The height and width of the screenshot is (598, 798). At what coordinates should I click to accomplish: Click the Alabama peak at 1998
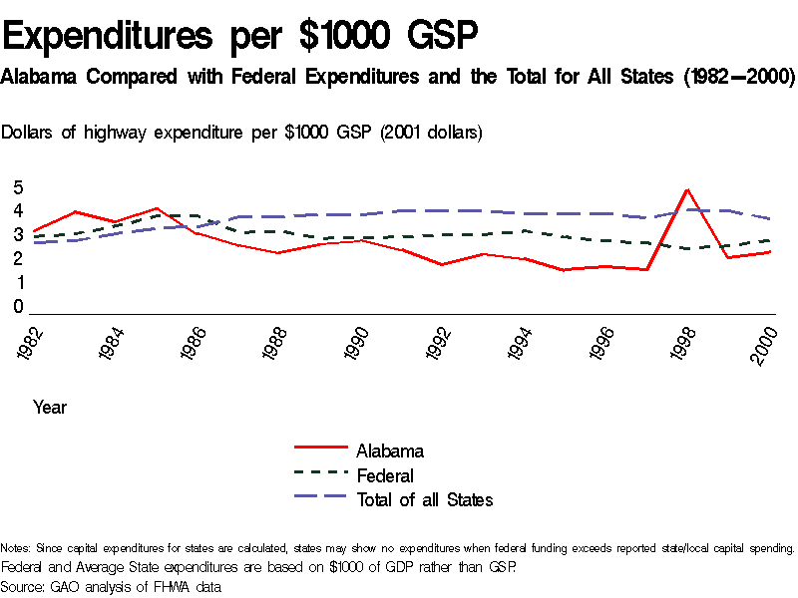click(x=686, y=189)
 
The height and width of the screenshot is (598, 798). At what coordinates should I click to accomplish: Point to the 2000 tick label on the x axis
click(x=766, y=345)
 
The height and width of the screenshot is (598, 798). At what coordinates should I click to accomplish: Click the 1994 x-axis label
click(x=518, y=345)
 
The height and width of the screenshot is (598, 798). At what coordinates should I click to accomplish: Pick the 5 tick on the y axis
click(x=18, y=188)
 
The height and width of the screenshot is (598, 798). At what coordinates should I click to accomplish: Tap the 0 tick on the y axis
click(x=18, y=308)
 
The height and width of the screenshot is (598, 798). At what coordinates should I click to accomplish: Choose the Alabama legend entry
click(x=390, y=450)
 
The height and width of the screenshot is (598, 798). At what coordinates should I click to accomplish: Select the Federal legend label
click(x=385, y=475)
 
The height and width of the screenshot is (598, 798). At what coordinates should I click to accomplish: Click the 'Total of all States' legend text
click(x=424, y=500)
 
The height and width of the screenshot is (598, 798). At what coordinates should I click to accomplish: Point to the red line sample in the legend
click(x=320, y=450)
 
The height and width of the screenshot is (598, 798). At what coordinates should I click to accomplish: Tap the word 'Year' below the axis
click(x=50, y=408)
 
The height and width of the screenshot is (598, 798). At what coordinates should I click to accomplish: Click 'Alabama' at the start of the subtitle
click(x=40, y=77)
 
